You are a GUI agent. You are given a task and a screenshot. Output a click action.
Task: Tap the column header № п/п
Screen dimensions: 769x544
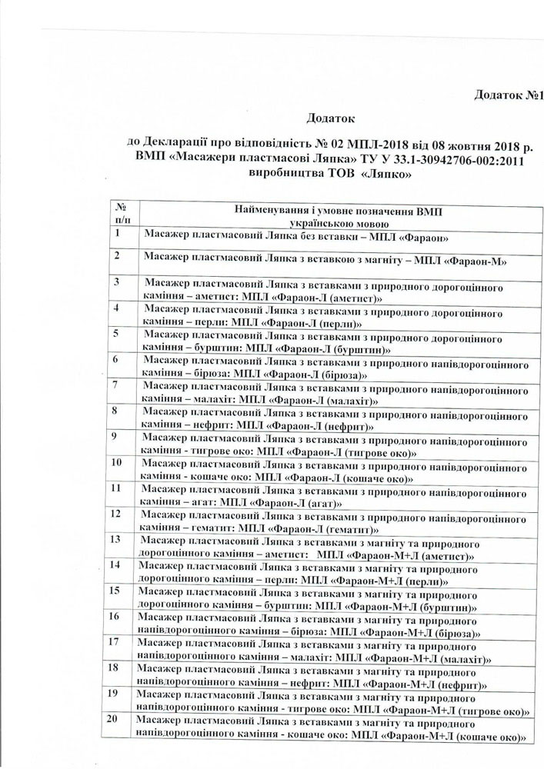[121, 213]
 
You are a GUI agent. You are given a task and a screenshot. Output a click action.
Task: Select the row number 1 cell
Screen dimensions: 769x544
[116, 233]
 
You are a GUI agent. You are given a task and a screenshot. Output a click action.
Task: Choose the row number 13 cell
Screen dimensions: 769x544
[117, 539]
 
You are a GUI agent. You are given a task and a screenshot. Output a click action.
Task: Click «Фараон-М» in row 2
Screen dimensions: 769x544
[476, 261]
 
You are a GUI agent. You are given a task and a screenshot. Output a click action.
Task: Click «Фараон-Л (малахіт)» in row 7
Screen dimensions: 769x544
[323, 401]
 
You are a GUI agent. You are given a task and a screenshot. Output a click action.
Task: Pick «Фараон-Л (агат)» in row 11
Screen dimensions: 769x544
[304, 504]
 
